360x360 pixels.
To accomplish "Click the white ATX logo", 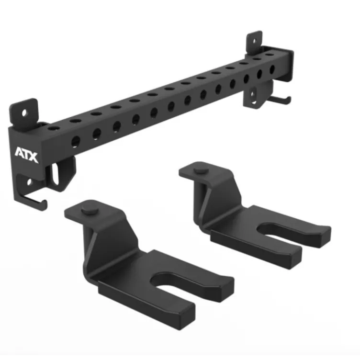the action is tap(26, 155).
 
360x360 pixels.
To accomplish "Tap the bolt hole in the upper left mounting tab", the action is tap(24, 113).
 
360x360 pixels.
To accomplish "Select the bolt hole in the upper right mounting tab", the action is tap(254, 41).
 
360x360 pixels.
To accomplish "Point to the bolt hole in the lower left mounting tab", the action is tap(29, 182).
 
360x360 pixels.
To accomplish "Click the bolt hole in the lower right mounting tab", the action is tap(253, 94).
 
